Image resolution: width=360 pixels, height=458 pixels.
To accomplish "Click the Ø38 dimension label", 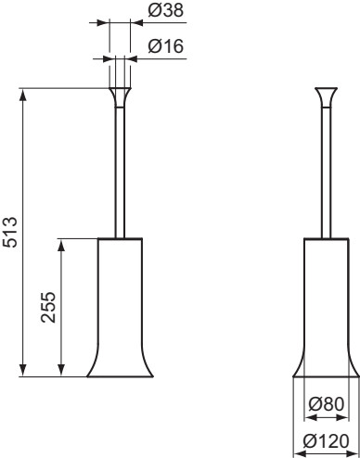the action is (166, 11).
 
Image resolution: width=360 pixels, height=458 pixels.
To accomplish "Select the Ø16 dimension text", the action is (166, 46).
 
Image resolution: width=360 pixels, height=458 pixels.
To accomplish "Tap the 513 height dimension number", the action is (10, 232).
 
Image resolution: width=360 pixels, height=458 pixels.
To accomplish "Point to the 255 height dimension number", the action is (48, 307).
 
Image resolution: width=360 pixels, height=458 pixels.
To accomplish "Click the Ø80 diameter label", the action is (327, 404).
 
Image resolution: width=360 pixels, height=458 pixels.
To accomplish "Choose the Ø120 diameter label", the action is (327, 441).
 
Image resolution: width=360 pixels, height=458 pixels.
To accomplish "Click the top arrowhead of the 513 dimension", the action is (23, 95).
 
